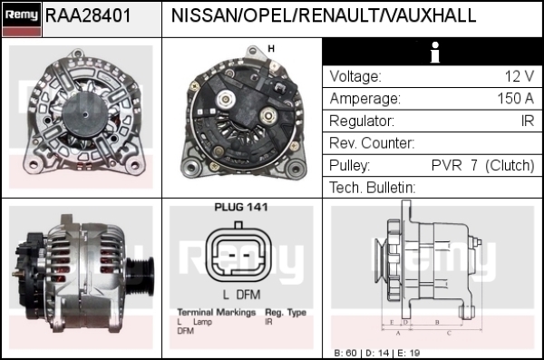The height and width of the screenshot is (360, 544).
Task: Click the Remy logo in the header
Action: (x=22, y=19)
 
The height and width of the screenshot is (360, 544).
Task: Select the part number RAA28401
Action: (x=88, y=15)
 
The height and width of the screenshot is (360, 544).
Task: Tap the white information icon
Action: (x=434, y=53)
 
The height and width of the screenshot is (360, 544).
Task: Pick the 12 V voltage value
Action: (x=520, y=76)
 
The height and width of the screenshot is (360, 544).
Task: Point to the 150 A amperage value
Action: (x=516, y=99)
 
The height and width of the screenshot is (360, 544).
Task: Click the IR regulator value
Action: (x=528, y=121)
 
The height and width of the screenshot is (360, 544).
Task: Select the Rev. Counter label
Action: (x=372, y=143)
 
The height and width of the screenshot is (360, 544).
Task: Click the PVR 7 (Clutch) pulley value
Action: (x=483, y=166)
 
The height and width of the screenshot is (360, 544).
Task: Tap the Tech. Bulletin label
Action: (x=373, y=188)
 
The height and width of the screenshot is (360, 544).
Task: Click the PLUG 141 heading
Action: (x=241, y=208)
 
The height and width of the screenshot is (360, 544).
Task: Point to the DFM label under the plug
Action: (x=248, y=295)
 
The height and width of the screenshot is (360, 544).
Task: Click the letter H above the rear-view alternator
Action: (x=271, y=49)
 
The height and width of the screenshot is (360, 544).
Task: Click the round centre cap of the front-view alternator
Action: (x=85, y=115)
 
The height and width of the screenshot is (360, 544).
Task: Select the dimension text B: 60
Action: (x=345, y=353)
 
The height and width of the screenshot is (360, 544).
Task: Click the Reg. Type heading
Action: (x=286, y=313)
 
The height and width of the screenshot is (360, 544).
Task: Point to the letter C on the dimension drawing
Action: (x=449, y=334)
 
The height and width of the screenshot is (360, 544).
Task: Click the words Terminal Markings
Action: (x=217, y=313)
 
